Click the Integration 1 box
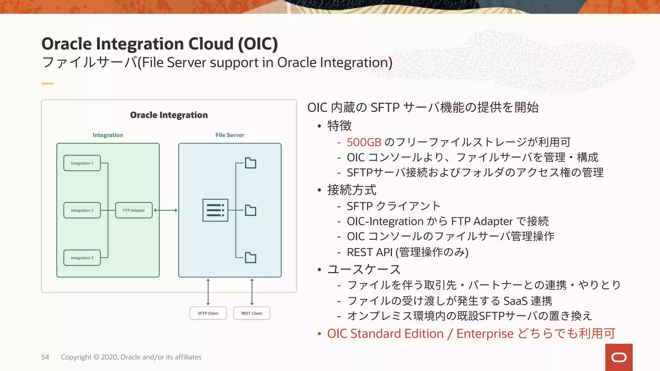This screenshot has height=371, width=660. pos(82,163)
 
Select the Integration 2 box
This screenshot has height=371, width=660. pos(82,210)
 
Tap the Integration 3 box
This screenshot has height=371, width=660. pos(82,258)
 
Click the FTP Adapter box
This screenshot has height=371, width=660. pos(134,210)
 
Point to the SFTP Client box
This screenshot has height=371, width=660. pos(208,313)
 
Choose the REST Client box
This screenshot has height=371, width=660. pos(252,313)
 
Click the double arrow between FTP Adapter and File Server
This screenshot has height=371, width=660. pos(165,210)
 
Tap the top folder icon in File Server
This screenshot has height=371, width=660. pos(250,163)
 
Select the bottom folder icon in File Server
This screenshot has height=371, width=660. pos(250,258)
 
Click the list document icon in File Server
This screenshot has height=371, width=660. pos(215,210)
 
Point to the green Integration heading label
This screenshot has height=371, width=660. pos(108,135)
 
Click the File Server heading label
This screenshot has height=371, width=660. pos(230,135)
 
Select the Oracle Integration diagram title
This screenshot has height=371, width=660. pos(169,115)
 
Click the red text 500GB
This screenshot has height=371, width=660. pos(364,142)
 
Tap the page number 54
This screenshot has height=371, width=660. pos(45,357)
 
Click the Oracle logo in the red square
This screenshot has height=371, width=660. pos(619,357)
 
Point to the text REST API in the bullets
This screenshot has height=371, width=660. pos(369,252)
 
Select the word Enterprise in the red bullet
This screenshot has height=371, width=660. pos(485,334)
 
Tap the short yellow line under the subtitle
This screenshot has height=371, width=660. pos(48,84)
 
